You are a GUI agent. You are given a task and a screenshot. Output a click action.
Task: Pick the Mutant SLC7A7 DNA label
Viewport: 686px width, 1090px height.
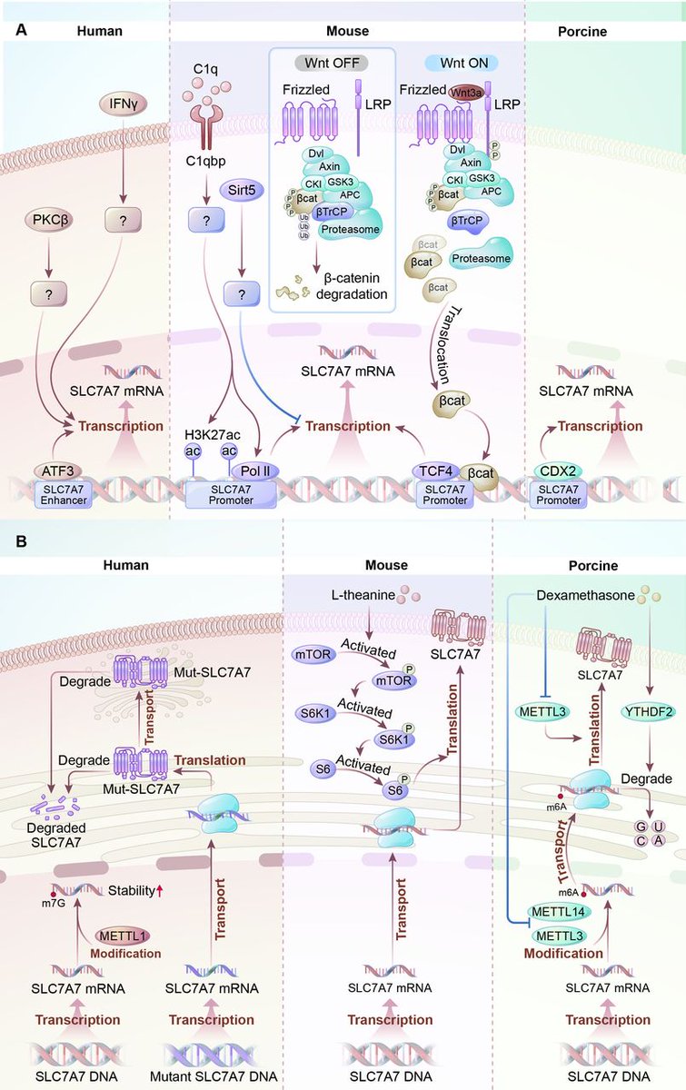pyautogui.click(x=211, y=1075)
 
